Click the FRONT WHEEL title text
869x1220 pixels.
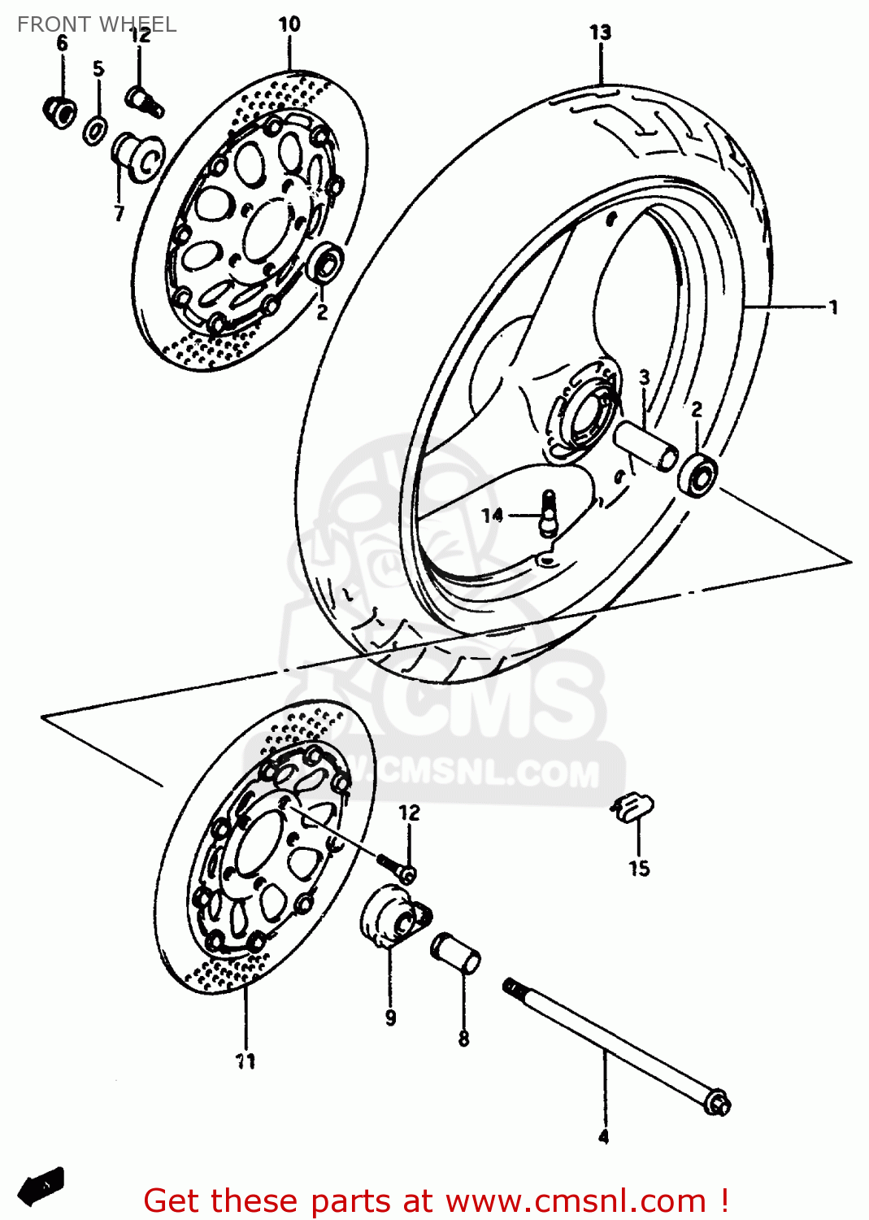(96, 24)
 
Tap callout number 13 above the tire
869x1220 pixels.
(600, 33)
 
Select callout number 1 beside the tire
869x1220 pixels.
(833, 307)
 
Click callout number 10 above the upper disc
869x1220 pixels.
(289, 24)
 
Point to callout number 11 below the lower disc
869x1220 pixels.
(245, 1061)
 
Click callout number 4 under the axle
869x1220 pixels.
(603, 1137)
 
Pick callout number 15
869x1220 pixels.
(639, 869)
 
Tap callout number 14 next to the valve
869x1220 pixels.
(492, 515)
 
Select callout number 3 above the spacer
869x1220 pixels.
(644, 377)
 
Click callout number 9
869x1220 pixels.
(390, 1017)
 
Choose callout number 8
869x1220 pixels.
(463, 1038)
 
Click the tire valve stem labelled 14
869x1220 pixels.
(549, 512)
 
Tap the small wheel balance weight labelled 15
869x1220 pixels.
(632, 808)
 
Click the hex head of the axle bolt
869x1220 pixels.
(718, 1104)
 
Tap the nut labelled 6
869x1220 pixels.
(59, 111)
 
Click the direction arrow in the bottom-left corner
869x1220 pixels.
(41, 1186)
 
